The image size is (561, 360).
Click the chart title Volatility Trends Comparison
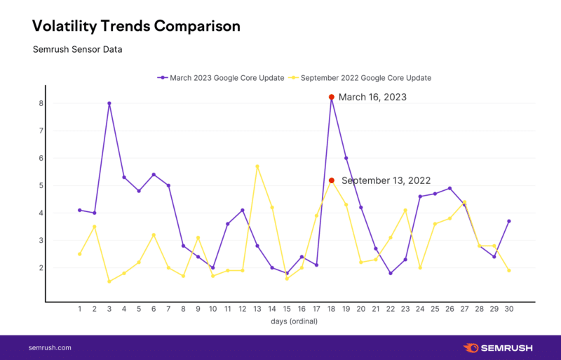pos(136,26)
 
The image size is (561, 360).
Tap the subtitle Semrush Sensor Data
pos(78,49)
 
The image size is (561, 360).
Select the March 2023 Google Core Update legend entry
pos(221,78)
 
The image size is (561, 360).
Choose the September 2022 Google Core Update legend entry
pos(360,78)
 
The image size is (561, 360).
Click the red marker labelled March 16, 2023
pos(331,97)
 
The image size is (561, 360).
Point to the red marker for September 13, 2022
pos(331,180)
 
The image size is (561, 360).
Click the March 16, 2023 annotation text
pos(372,97)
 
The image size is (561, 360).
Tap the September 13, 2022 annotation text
pos(386,180)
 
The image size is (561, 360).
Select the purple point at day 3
pos(109,103)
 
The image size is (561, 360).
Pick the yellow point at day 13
pos(257,166)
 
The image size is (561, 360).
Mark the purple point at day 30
pos(509,221)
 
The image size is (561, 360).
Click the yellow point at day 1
pos(79,254)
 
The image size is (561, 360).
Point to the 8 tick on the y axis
pos(41,103)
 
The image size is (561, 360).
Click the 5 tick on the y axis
pos(41,185)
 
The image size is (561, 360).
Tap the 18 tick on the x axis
pos(331,309)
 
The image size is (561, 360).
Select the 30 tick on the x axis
pos(509,309)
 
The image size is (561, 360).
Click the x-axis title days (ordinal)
pos(294,321)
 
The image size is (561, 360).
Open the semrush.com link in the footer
pos(50,347)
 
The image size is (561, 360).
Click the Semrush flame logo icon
pos(471,347)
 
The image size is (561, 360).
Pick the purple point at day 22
pos(391,273)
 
